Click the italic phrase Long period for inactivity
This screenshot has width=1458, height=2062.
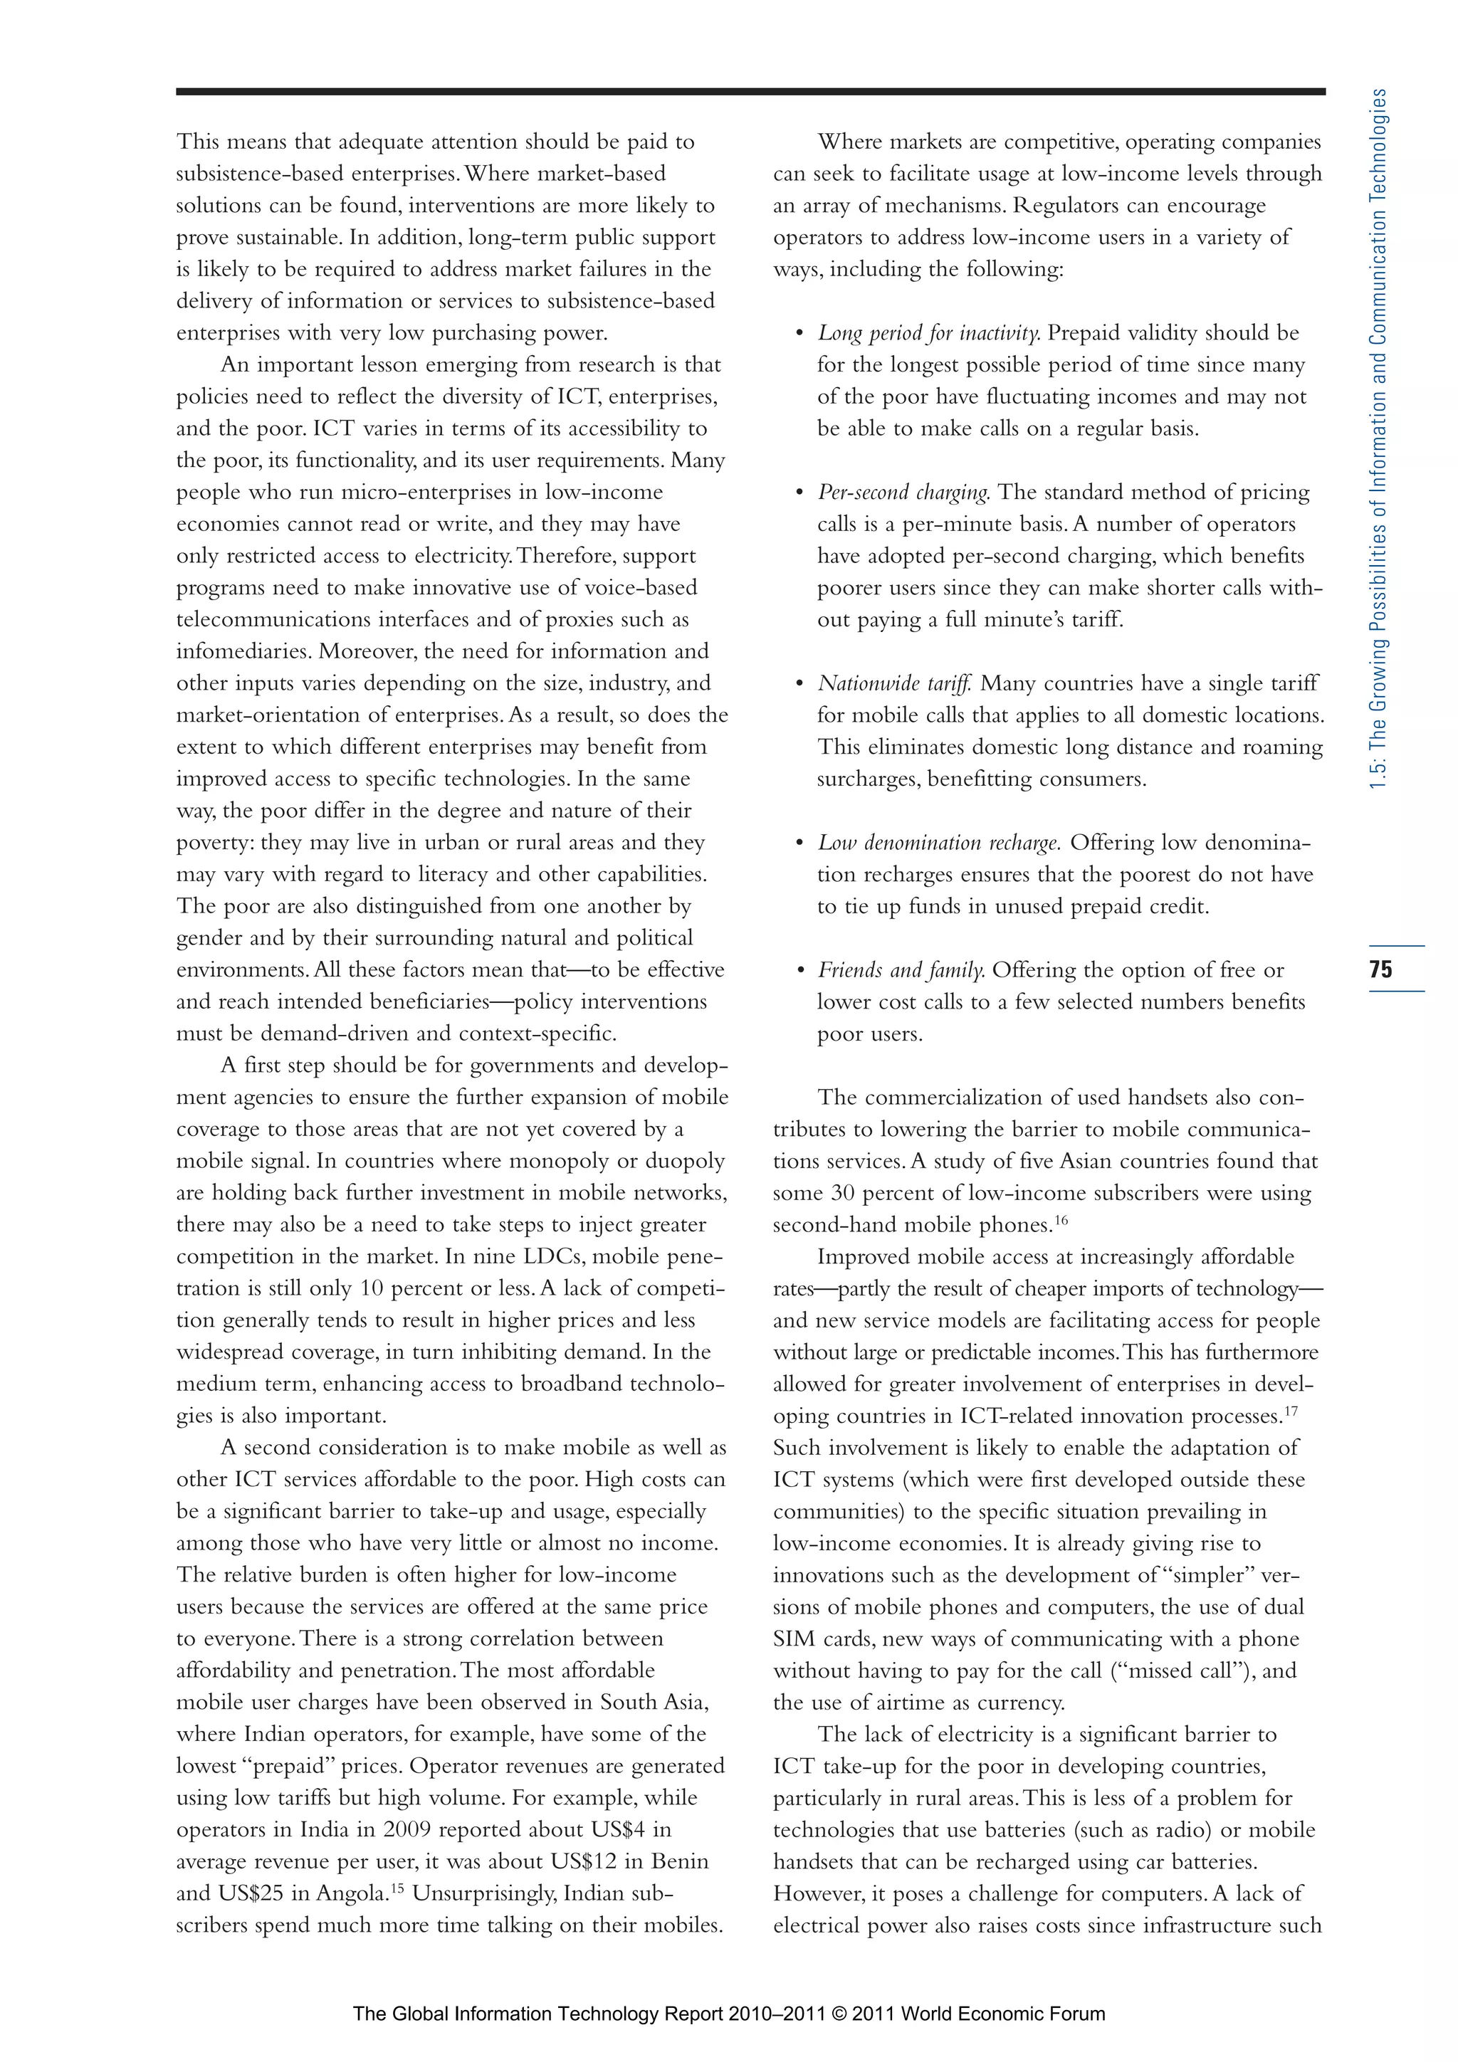tap(929, 333)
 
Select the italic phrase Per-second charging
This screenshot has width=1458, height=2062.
tap(903, 492)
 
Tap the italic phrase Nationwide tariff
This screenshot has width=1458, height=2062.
tap(895, 683)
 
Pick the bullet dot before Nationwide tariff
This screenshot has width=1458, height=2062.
tap(799, 684)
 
